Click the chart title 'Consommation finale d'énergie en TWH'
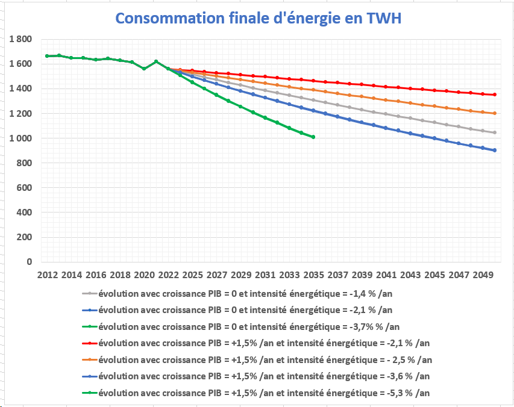click(257, 18)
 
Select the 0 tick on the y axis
click(28, 262)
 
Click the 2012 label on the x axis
click(48, 275)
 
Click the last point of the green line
click(313, 137)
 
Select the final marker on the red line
click(495, 95)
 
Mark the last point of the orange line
click(495, 113)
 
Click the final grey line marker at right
click(495, 132)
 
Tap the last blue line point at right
click(495, 151)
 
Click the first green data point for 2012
click(47, 56)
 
